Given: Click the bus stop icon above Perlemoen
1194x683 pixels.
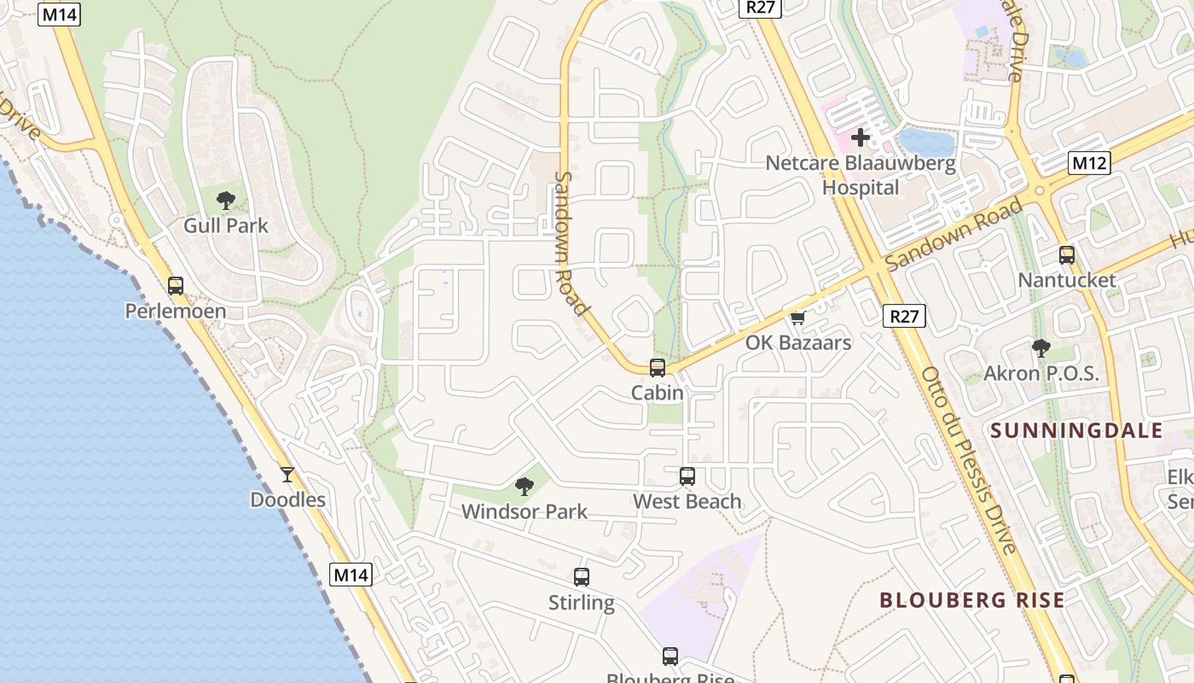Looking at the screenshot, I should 176,286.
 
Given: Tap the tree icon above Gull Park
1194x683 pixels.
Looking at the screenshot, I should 226,201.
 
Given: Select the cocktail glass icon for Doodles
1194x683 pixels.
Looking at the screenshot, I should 287,475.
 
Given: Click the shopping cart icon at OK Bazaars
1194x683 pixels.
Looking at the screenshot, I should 798,318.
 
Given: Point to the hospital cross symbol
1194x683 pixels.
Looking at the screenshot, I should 861,137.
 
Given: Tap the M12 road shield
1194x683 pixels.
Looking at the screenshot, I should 1089,163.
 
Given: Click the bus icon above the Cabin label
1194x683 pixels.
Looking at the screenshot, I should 658,368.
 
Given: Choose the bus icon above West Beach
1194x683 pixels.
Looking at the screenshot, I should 687,476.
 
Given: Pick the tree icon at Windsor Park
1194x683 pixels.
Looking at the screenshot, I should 525,487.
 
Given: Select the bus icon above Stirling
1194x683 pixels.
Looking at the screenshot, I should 582,577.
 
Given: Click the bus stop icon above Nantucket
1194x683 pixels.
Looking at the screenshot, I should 1067,254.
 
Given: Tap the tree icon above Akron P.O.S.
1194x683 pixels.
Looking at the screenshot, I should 1040,348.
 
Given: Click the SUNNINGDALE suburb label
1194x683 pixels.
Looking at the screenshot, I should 1077,430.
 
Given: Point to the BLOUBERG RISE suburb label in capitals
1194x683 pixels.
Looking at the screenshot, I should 971,600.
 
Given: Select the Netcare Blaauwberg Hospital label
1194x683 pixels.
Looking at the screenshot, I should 861,175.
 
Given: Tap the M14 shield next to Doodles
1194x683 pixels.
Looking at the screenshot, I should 351,575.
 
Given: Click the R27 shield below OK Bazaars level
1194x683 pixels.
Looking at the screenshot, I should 904,317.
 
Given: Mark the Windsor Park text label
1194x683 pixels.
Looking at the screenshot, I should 525,512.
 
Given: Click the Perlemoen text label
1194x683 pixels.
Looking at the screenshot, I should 176,311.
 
